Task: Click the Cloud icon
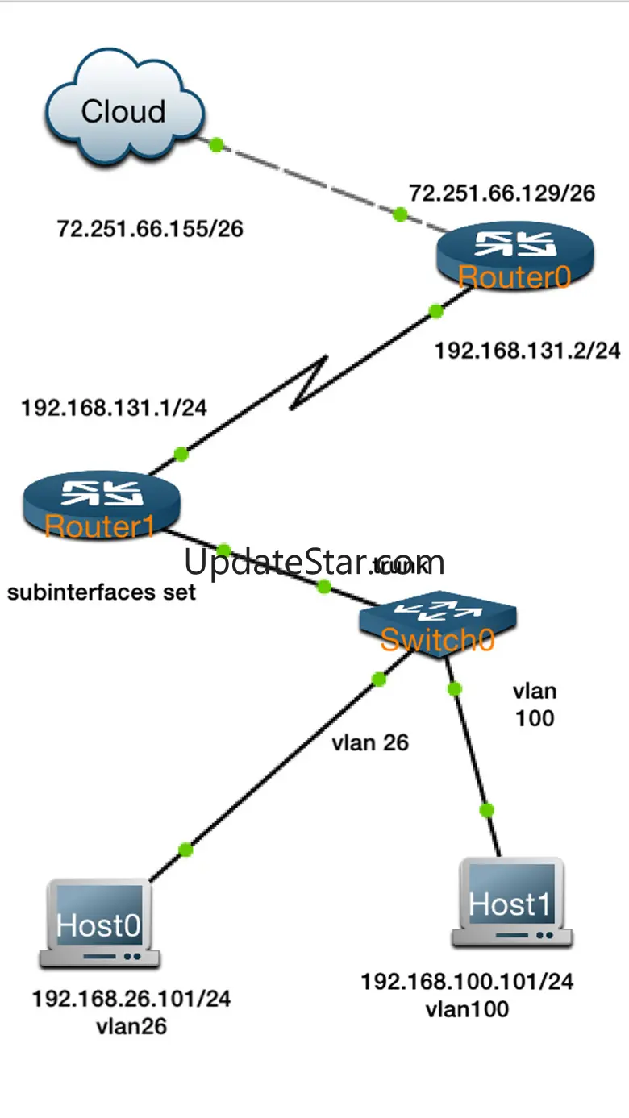[124, 113]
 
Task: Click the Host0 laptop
[99, 924]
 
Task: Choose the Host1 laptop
[511, 903]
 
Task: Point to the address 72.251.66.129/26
[502, 193]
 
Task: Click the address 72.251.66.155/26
[150, 229]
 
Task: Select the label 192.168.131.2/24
[527, 351]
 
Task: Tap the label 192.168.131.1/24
[114, 408]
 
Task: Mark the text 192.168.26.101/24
[131, 1000]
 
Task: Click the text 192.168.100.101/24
[467, 982]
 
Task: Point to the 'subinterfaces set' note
[102, 592]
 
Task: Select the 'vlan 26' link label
[370, 742]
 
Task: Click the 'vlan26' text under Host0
[131, 1027]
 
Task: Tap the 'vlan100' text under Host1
[467, 1008]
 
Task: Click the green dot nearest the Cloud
[215, 145]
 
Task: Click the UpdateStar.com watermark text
[314, 562]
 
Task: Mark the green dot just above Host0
[185, 849]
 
